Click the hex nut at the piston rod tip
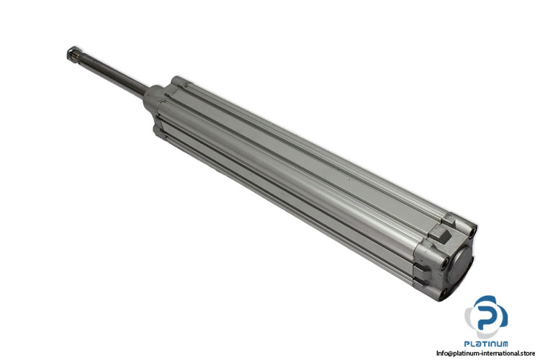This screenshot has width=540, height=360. pos(73,53)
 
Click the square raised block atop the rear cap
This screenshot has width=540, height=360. pos(441,235)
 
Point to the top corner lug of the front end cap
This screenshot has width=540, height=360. pos(178,81)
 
